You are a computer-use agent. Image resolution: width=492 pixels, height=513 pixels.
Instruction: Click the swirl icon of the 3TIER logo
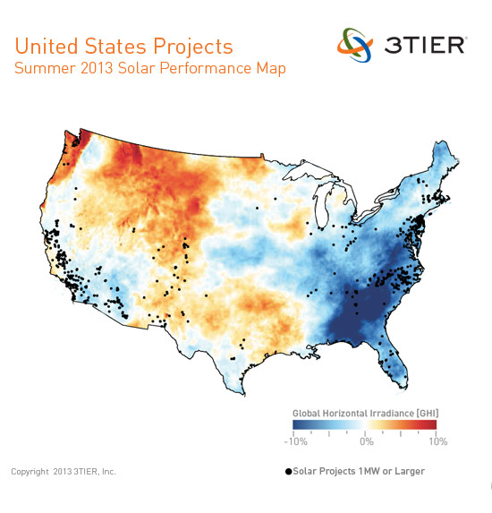click(354, 44)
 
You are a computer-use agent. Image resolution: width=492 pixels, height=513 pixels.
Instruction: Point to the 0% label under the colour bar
click(366, 441)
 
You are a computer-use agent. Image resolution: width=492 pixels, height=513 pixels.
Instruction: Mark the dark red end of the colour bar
click(431, 424)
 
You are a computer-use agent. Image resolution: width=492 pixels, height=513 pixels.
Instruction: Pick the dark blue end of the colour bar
click(299, 424)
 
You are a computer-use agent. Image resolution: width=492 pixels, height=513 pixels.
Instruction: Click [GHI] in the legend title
click(425, 412)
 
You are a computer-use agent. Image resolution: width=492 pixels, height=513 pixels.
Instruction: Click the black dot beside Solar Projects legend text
click(288, 471)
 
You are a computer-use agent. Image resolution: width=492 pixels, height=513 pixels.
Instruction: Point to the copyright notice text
click(63, 471)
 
